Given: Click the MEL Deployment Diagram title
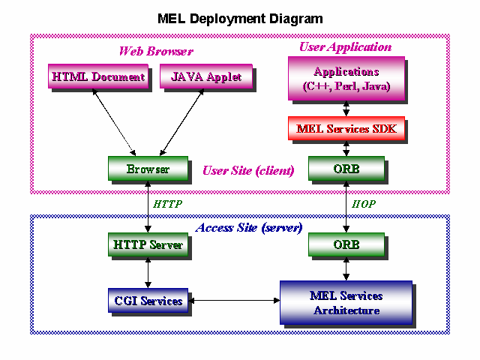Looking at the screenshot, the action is click(240, 19).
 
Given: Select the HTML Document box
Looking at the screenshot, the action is click(98, 76).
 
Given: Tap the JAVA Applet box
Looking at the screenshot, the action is click(206, 76).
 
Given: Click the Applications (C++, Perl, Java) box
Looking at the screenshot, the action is click(346, 78).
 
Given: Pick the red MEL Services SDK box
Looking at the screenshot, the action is click(346, 128).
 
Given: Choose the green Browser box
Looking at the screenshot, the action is click(148, 168).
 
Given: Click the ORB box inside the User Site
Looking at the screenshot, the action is click(346, 168).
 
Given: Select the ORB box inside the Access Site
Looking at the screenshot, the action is click(346, 244).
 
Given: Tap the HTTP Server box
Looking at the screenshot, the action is click(148, 244).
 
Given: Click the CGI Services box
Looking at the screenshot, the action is click(148, 300).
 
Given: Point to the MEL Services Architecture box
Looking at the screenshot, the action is click(346, 302).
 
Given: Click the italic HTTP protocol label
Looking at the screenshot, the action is click(167, 204).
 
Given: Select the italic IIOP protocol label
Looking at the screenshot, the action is click(363, 204).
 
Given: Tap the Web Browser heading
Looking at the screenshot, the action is click(156, 51).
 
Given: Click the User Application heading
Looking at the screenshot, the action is click(345, 46).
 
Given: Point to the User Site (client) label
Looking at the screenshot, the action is click(248, 170).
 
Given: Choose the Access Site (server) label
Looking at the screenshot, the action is click(249, 228).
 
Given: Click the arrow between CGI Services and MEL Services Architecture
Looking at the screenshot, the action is click(234, 300).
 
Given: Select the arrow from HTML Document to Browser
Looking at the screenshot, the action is click(114, 122).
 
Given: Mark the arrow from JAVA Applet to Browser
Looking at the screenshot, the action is click(181, 122).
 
